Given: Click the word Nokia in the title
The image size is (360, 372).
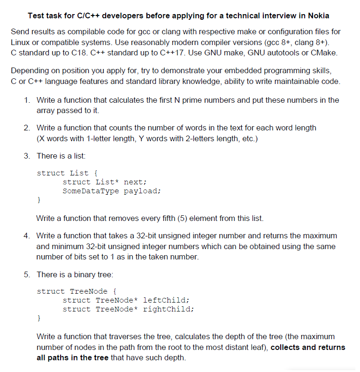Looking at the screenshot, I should (319, 15).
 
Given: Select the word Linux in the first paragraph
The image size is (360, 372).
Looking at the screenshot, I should (20, 42).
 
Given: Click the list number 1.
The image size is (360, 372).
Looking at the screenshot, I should (27, 100).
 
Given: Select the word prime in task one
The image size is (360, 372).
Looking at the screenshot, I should (196, 100).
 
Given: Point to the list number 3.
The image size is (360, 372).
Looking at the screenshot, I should (27, 155).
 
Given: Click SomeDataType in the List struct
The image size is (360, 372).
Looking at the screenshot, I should (91, 191).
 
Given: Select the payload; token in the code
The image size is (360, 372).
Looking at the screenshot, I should (143, 191).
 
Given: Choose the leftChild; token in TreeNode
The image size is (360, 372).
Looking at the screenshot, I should (166, 300).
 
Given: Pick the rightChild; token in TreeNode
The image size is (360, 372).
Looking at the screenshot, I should (169, 309).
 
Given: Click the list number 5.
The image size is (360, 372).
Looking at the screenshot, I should (27, 274).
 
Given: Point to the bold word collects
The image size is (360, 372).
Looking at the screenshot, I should (286, 348).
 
